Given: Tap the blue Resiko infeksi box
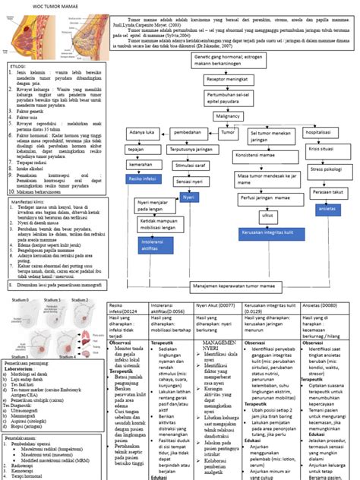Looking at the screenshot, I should [x=144, y=180].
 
